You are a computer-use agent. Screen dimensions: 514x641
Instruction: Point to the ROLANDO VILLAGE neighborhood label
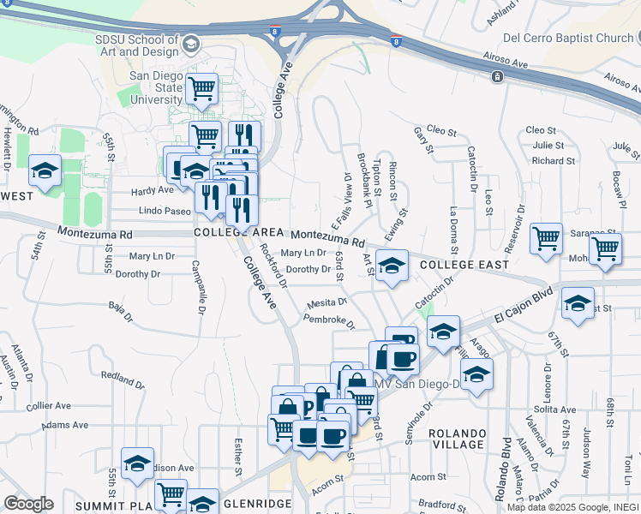(457, 439)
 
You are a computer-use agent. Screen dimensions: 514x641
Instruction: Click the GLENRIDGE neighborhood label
(257, 505)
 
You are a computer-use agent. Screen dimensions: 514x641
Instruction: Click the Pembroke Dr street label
(329, 320)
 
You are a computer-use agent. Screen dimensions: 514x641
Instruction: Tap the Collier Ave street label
(48, 406)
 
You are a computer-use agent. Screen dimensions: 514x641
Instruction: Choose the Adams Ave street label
(65, 424)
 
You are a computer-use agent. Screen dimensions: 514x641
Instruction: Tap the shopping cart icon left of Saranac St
(546, 239)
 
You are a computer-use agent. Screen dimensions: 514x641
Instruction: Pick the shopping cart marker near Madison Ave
(171, 495)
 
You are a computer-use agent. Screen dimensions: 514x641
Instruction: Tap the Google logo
(28, 504)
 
